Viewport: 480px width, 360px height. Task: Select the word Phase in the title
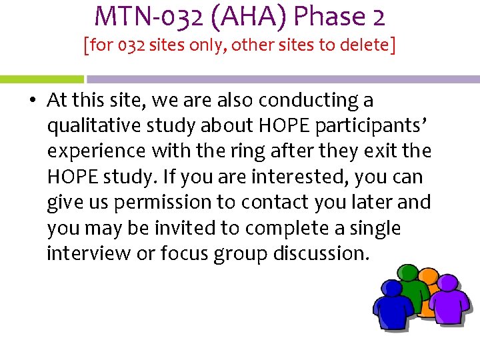(x=323, y=16)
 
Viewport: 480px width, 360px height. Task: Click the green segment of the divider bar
(x=41, y=79)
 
